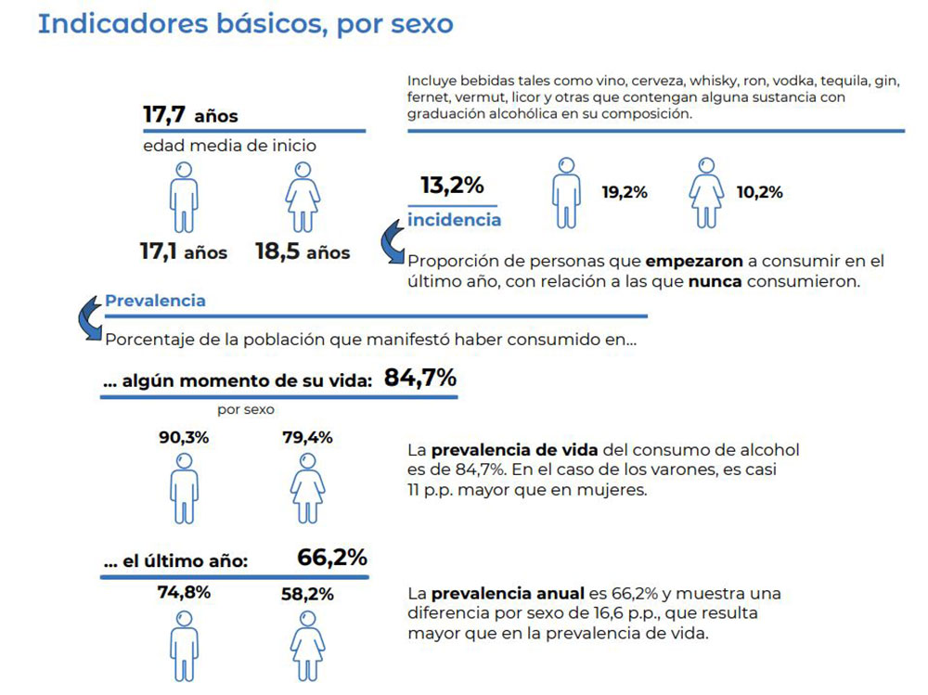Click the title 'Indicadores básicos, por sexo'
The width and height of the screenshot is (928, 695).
click(x=245, y=24)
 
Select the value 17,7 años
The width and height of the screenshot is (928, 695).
click(x=189, y=115)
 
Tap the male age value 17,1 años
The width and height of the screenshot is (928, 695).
click(x=184, y=251)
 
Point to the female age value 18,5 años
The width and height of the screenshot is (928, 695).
click(x=303, y=251)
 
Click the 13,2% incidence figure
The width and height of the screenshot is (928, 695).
click(x=452, y=185)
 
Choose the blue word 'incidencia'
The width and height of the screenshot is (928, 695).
click(x=454, y=220)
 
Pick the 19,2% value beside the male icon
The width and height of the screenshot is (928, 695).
click(x=625, y=193)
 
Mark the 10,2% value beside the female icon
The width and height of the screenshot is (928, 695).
click(x=759, y=193)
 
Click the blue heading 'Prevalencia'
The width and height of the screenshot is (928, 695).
click(x=155, y=302)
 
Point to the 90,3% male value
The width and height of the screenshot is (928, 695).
click(x=184, y=437)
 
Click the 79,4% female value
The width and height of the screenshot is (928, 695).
click(x=307, y=437)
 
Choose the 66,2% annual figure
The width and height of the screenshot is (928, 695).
click(x=331, y=558)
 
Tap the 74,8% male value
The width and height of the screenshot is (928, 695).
click(x=184, y=592)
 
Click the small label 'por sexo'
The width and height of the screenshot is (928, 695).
click(x=246, y=408)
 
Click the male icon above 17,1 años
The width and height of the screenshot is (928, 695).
click(x=184, y=197)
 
